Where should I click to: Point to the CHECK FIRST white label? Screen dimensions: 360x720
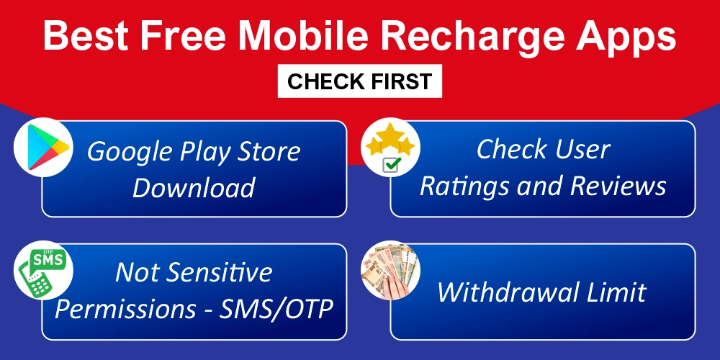[x=360, y=81]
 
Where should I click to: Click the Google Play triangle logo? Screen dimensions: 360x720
[x=45, y=146]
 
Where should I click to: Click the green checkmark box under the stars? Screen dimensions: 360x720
[x=392, y=165]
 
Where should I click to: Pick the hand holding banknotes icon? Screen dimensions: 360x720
[x=390, y=269]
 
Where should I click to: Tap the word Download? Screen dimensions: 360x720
[x=194, y=188]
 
